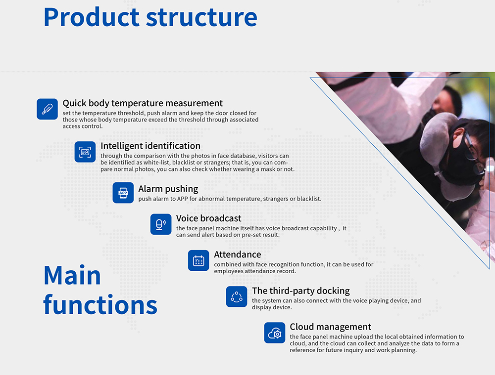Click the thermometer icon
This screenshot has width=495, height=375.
(x=47, y=109)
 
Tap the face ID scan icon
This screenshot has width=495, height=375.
(x=85, y=152)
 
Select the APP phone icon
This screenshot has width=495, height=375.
(x=123, y=193)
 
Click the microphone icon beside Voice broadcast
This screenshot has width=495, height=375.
(x=161, y=224)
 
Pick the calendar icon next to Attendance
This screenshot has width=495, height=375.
(x=198, y=260)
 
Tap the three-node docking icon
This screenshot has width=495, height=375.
(x=237, y=296)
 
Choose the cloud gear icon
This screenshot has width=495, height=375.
(x=275, y=333)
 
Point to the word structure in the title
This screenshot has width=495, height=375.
(x=201, y=18)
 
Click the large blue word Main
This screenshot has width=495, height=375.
(x=72, y=275)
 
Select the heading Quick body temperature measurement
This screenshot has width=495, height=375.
(x=143, y=103)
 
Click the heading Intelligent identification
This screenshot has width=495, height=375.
(x=150, y=146)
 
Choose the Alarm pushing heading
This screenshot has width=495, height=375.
(x=168, y=189)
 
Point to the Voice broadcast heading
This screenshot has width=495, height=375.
(x=209, y=218)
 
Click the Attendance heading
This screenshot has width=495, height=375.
(x=238, y=254)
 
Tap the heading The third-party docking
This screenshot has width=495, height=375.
(x=301, y=291)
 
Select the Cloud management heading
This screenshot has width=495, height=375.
(x=331, y=327)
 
